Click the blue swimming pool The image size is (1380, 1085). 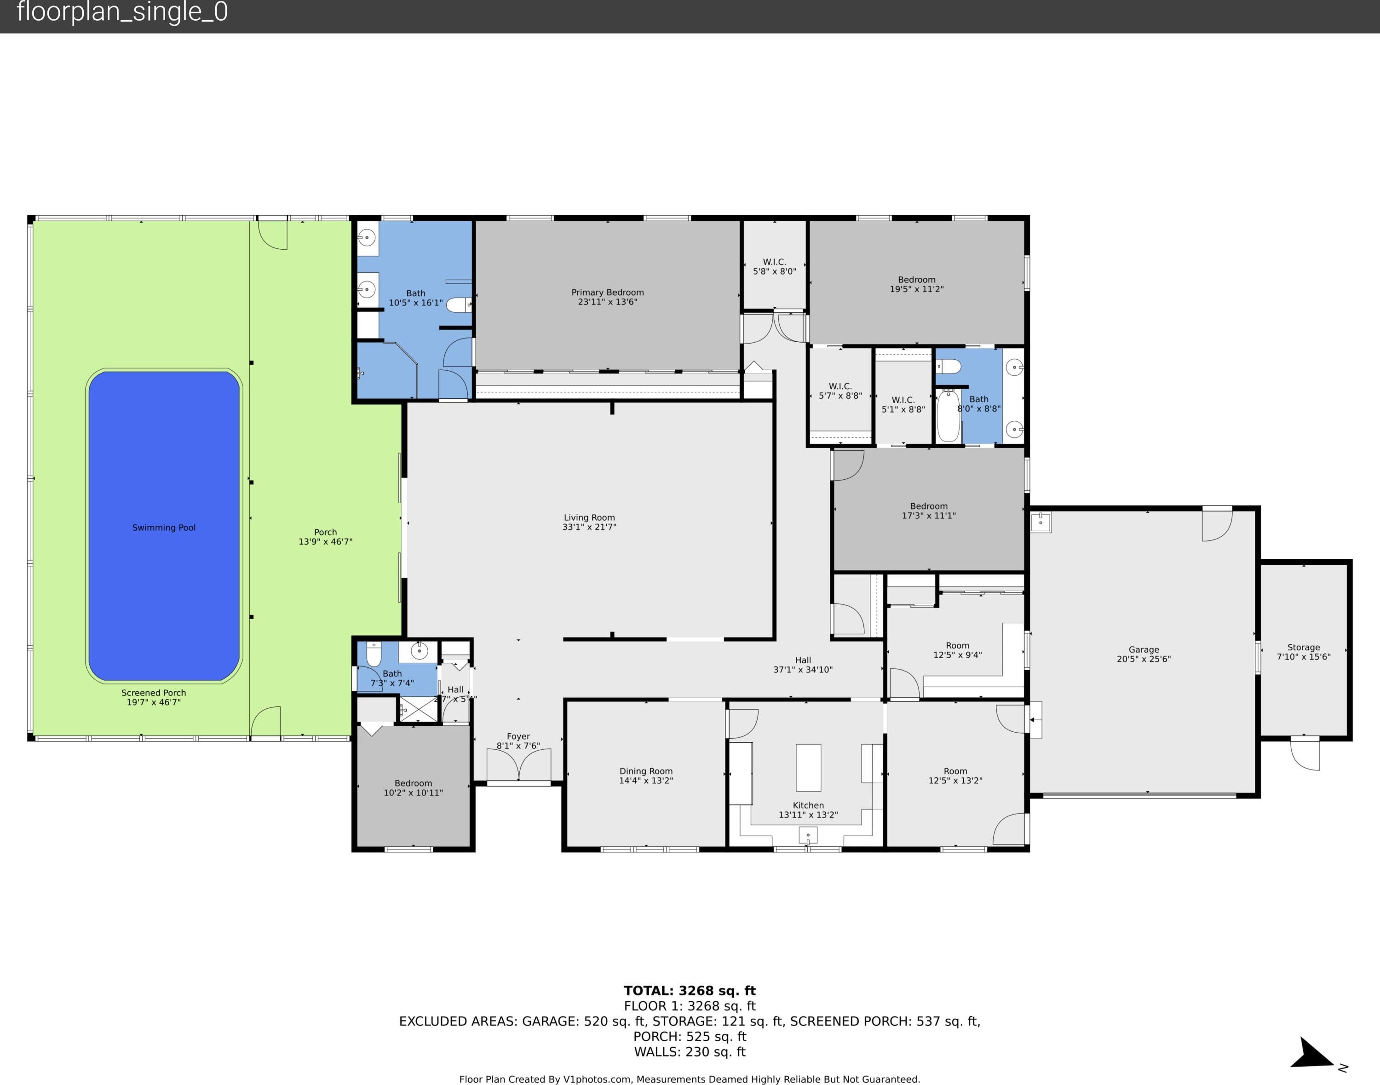coord(164,527)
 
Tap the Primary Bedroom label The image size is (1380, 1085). coord(607,292)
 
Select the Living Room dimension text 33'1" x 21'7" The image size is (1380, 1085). coord(589,527)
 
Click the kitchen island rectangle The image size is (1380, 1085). coord(808,767)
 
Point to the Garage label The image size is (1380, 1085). coord(1144,649)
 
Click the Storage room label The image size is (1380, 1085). coord(1304,647)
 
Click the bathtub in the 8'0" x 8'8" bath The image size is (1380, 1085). coord(948,416)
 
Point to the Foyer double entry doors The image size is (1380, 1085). coord(518,765)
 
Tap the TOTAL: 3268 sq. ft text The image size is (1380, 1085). coord(690,990)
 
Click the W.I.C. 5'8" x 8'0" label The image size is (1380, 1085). coord(775,266)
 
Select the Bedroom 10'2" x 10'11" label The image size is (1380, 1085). coord(413,788)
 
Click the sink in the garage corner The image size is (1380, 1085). coord(1041,522)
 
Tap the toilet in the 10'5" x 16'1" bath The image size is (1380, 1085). coord(459,305)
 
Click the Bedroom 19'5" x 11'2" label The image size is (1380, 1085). coord(917,284)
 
